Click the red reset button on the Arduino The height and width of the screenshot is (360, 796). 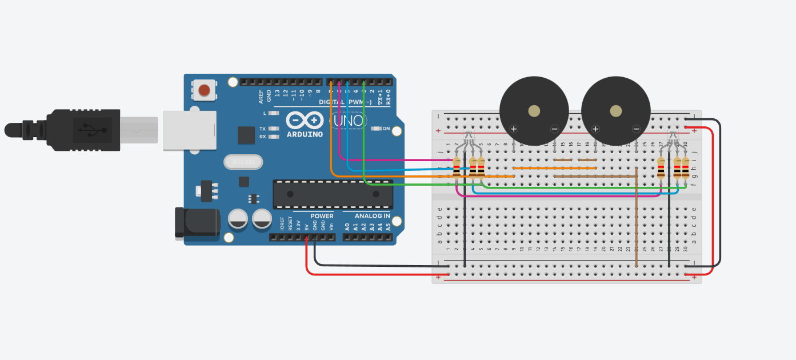pyautogui.click(x=204, y=90)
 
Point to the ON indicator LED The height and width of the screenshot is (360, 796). pyautogui.click(x=376, y=129)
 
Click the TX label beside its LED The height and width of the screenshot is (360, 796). pyautogui.click(x=262, y=129)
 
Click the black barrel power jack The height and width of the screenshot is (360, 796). pyautogui.click(x=196, y=223)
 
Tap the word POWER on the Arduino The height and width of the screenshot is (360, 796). pyautogui.click(x=322, y=216)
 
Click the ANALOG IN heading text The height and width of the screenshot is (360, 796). pyautogui.click(x=372, y=216)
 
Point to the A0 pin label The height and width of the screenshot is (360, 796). pyautogui.click(x=347, y=226)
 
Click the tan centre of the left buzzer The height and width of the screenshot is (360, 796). pyautogui.click(x=534, y=111)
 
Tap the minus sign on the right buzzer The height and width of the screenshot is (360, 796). pyautogui.click(x=636, y=129)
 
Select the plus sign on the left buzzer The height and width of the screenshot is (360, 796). pyautogui.click(x=514, y=129)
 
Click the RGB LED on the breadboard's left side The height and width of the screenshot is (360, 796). pyautogui.click(x=469, y=137)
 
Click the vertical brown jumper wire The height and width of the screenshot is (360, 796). pyautogui.click(x=636, y=223)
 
